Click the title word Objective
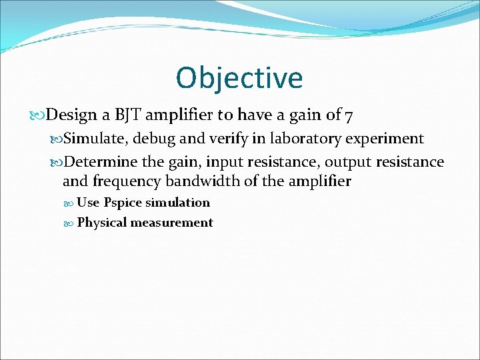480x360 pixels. (x=239, y=78)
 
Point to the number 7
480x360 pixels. (x=349, y=116)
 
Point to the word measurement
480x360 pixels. (x=171, y=223)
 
